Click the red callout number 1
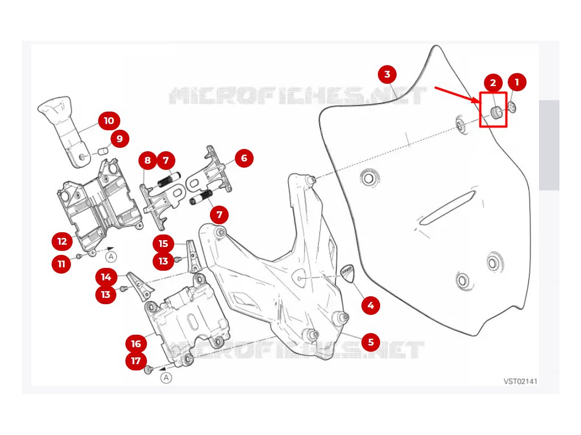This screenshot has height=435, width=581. (x=517, y=82)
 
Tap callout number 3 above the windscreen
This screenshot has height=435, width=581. (x=387, y=74)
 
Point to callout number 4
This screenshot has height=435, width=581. (x=371, y=306)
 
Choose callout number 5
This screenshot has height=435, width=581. (x=371, y=342)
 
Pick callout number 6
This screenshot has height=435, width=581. (x=244, y=158)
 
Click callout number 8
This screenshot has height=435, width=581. (x=148, y=161)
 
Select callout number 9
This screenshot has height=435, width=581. (x=119, y=138)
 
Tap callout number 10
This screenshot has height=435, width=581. (x=108, y=121)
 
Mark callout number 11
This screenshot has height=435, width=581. (x=62, y=264)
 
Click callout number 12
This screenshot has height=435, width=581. (x=62, y=241)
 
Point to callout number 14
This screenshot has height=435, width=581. (x=106, y=277)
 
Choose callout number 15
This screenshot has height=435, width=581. (x=163, y=244)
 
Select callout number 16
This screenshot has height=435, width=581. (x=136, y=344)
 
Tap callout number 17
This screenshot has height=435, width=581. (x=136, y=361)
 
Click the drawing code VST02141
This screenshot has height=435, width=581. (x=520, y=381)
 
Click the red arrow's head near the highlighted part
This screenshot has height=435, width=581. (x=477, y=100)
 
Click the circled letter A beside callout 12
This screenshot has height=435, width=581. (x=112, y=257)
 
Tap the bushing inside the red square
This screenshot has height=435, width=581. (x=495, y=112)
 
